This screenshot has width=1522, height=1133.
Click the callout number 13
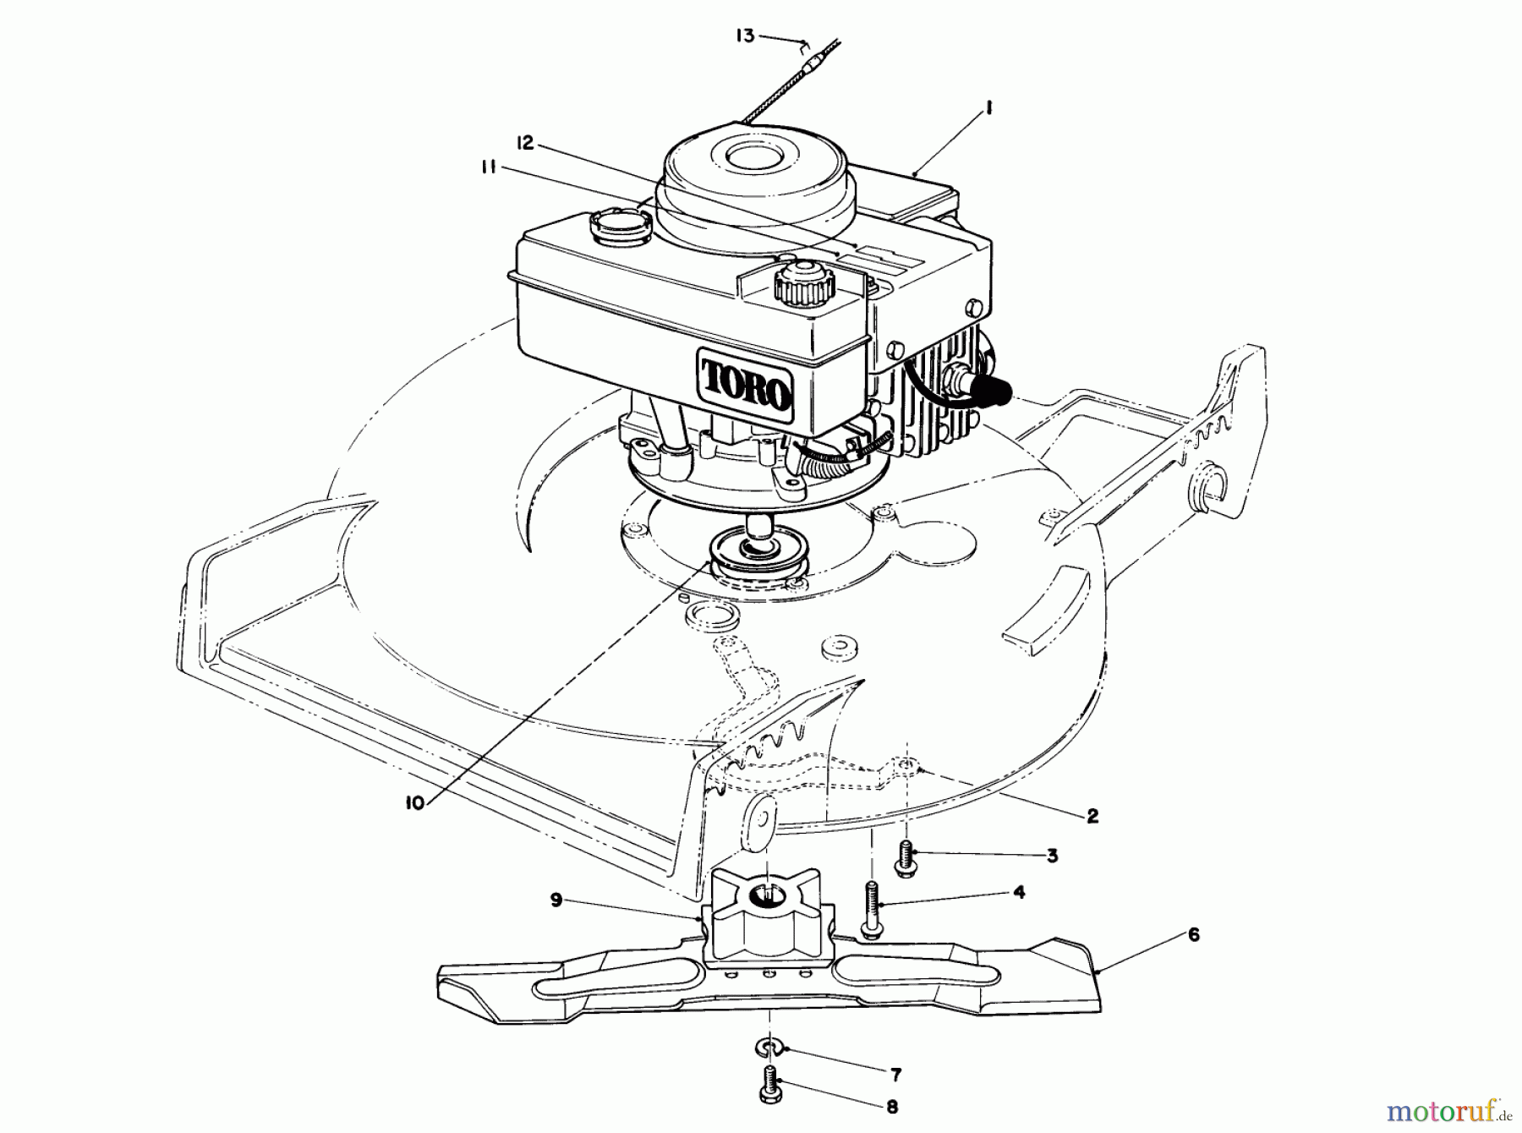coord(744,37)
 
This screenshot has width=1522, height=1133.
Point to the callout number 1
coord(988,108)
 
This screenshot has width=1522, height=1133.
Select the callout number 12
coord(525,143)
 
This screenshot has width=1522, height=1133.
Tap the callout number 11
coord(489,167)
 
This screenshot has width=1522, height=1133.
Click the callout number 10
coord(413,803)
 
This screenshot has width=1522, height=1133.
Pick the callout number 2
coord(1092,816)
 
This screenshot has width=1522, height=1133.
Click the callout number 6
coord(1193,935)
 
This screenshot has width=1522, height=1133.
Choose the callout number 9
coord(556,900)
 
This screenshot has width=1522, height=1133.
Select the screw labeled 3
coord(906,859)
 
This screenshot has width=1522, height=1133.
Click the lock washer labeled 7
coord(765,1050)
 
